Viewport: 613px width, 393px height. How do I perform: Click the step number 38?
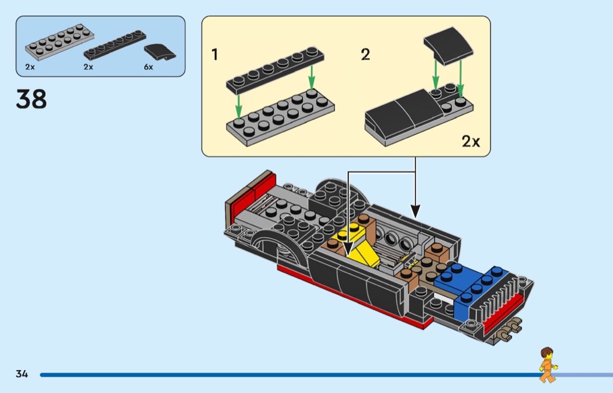tap(32, 99)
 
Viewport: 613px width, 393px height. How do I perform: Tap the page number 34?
tap(22, 374)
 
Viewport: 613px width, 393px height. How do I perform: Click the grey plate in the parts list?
tap(56, 46)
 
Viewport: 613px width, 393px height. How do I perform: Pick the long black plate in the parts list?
tap(114, 45)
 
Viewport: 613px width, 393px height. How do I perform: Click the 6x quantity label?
tap(148, 67)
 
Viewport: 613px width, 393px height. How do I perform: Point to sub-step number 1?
tap(215, 55)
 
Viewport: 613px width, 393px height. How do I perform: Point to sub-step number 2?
tap(365, 55)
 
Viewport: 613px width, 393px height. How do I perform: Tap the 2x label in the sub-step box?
tap(471, 141)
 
